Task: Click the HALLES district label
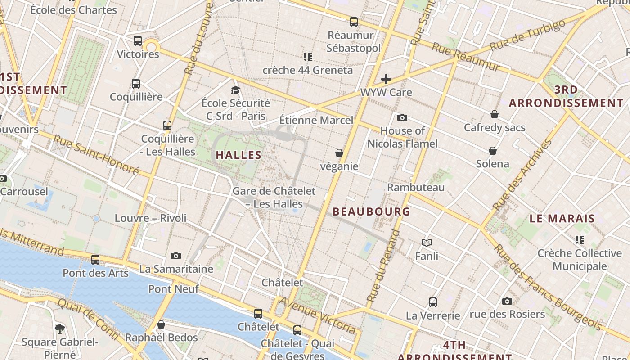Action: [x=238, y=155]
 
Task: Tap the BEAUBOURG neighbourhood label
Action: [x=371, y=211]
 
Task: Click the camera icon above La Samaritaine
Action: [x=176, y=256]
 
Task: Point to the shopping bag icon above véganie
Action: [x=339, y=153]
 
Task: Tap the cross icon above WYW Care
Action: [x=386, y=80]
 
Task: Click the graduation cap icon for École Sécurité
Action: [x=235, y=90]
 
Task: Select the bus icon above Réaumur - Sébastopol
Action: [x=354, y=22]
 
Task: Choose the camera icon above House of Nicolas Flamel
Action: [x=402, y=118]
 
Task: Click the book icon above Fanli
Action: [x=427, y=243]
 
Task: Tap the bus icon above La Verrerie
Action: [x=433, y=302]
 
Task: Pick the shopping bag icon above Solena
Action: [x=493, y=151]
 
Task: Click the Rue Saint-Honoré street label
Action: [x=96, y=155]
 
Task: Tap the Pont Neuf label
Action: [x=174, y=289]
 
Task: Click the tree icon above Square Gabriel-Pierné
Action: [x=60, y=329]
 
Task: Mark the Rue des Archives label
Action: [x=522, y=175]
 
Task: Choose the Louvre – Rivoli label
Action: [x=150, y=218]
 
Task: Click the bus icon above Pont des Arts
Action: [x=95, y=260]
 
